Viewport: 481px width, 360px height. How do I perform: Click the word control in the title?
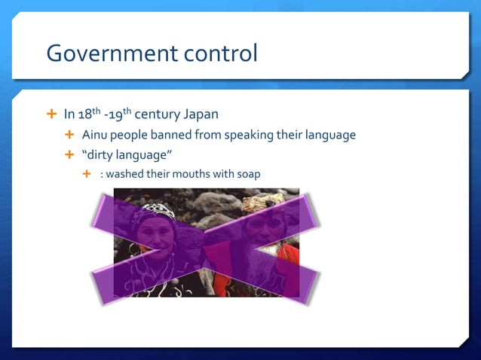point(219,53)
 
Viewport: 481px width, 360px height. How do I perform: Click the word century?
point(158,115)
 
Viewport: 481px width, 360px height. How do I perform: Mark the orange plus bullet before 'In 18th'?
point(51,114)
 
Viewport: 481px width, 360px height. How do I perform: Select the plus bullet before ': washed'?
point(87,174)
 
